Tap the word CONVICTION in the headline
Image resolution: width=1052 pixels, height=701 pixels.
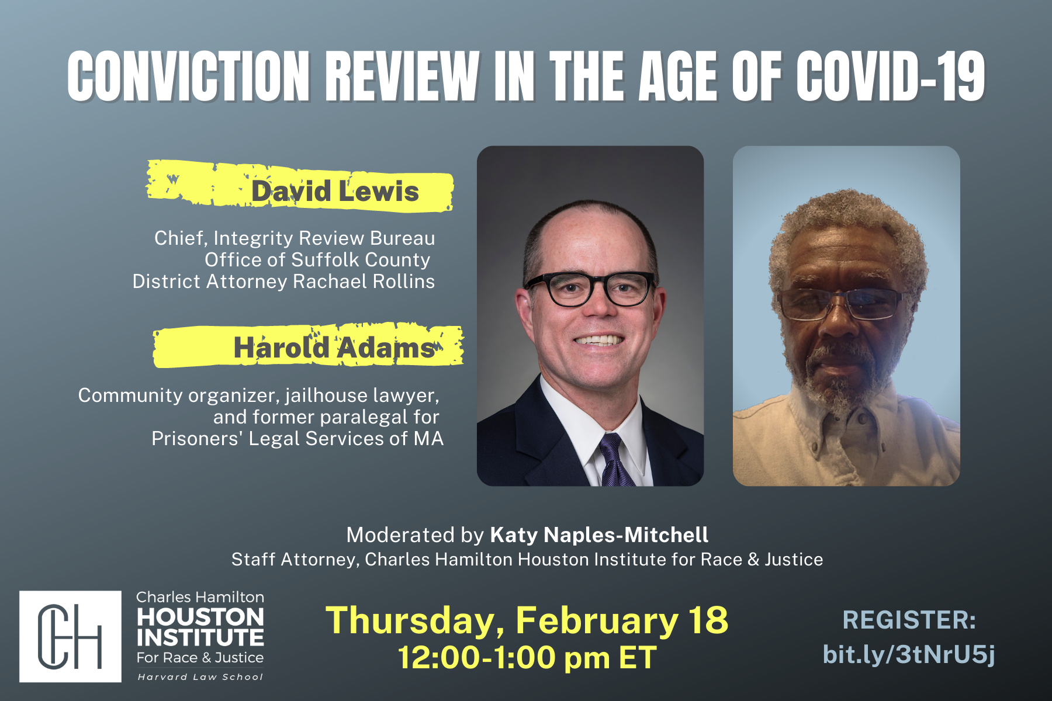pyautogui.click(x=189, y=76)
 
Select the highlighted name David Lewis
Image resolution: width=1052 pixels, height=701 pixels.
pyautogui.click(x=335, y=192)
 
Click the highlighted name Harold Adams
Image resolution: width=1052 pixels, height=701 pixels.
pyautogui.click(x=334, y=348)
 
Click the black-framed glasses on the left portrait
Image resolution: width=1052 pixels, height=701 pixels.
pyautogui.click(x=590, y=289)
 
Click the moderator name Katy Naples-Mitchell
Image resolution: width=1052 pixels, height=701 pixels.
pyautogui.click(x=599, y=535)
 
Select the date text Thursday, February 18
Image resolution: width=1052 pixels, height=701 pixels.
pyautogui.click(x=527, y=620)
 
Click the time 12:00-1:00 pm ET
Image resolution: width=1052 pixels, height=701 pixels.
pyautogui.click(x=527, y=658)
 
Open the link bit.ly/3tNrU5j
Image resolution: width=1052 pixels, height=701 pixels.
pyautogui.click(x=909, y=655)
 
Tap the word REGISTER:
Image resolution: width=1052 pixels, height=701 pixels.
pyautogui.click(x=909, y=620)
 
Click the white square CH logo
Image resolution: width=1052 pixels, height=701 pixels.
pyautogui.click(x=71, y=636)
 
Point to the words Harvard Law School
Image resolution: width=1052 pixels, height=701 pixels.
pyautogui.click(x=200, y=677)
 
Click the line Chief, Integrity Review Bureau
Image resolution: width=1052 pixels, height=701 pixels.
pyautogui.click(x=295, y=238)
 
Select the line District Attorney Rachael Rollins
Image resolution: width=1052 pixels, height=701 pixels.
pyautogui.click(x=283, y=282)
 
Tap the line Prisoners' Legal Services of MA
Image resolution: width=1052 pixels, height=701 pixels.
pyautogui.click(x=297, y=439)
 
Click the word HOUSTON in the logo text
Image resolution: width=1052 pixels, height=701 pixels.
pyautogui.click(x=200, y=617)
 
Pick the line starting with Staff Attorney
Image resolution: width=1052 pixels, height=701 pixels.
pyautogui.click(x=527, y=560)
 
